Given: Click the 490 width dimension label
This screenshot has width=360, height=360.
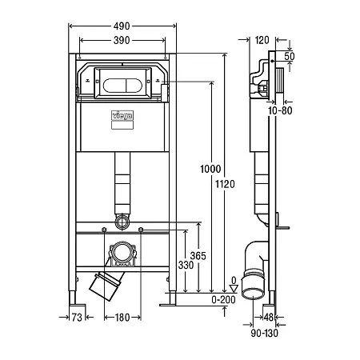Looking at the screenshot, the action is pos(122,26).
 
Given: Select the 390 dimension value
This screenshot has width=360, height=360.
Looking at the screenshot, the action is pos(122,40).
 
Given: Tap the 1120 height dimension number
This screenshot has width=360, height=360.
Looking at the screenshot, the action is pos(225,184).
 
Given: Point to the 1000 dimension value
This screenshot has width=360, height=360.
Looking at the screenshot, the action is pos(210,169).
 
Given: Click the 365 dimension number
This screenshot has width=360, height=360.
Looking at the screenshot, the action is pos(198,256).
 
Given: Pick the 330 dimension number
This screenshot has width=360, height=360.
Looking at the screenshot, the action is pos(186,265).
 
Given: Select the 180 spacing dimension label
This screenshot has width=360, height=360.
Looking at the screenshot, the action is pos(122,318).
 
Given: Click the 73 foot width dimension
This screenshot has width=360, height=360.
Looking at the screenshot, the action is pos(77,318).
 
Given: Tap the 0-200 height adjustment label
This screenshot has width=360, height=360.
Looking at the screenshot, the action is pos(223,300).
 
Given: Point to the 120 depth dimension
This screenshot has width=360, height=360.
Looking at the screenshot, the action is pos(262,40).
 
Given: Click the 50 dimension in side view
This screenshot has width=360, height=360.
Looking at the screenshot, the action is pos(290,56).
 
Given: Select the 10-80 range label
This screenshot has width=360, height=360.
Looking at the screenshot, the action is pos(280,110).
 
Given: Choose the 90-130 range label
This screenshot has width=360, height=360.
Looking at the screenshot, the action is pos(264,333).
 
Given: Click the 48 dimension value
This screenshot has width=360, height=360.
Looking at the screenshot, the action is pos(269,318).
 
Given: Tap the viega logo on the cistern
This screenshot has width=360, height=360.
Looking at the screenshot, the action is pos(122,115).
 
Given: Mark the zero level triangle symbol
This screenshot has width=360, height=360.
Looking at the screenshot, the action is pos(234,289).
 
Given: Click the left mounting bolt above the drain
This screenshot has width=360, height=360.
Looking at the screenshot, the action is pos(104,230).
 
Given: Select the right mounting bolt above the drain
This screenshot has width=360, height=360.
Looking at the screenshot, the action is pos(141,230).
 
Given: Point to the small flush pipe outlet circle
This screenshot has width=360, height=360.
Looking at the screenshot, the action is pos(122,222).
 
